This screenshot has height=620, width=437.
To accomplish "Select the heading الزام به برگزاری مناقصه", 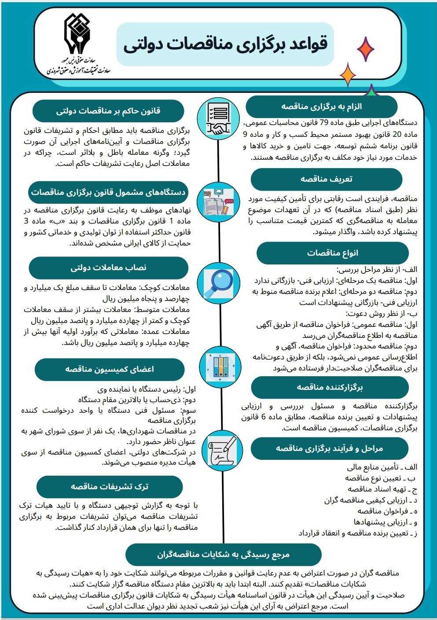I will coord(321,107).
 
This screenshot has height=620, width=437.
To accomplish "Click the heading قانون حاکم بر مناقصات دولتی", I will coord(108,111).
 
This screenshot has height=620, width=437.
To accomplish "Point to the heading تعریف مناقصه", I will coord(326,179).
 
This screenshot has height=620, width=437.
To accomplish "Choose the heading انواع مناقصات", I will coord(332,253).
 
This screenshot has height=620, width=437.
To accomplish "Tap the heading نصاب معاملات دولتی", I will coord(108,268).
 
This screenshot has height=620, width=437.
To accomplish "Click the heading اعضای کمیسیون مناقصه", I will coord(110,369).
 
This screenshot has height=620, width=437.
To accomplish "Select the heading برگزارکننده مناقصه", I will coord(330,387).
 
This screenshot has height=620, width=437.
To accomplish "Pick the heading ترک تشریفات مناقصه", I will coord(110,486).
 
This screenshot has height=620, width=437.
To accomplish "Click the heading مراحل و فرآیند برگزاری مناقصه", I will coord(329,448).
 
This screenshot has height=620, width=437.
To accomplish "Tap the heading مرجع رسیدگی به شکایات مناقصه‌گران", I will coord(223,554).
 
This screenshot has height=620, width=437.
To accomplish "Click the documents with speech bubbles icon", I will coord(219,201).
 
